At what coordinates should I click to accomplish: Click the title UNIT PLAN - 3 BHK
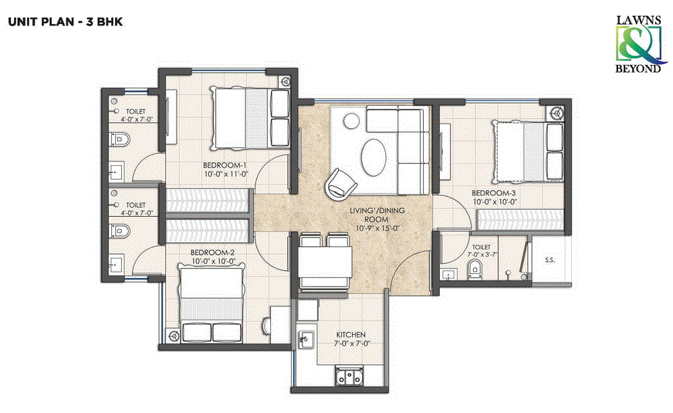tap(65, 22)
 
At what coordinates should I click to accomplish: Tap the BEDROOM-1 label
tap(225, 165)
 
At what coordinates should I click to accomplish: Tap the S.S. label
tap(550, 260)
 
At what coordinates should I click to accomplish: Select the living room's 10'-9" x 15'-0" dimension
tap(377, 228)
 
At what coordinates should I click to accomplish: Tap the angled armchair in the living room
tap(340, 183)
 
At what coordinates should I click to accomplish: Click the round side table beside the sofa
tap(350, 120)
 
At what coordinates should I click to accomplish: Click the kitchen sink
tap(306, 340)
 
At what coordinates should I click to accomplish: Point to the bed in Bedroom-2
tap(208, 304)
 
